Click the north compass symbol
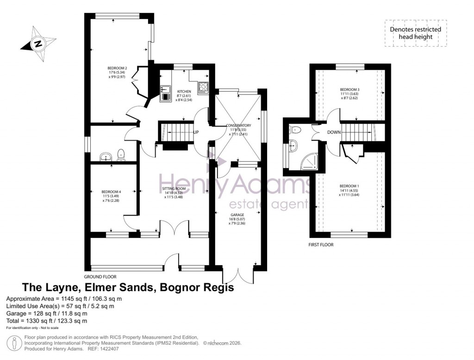38,44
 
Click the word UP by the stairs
196,132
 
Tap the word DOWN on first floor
333,132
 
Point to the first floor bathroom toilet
296,130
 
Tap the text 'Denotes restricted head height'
415,33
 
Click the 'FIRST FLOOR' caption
321,245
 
